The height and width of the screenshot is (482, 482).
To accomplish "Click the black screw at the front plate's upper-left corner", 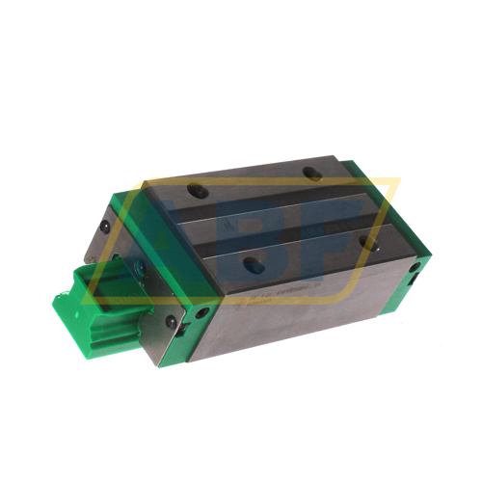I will click(x=104, y=225).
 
